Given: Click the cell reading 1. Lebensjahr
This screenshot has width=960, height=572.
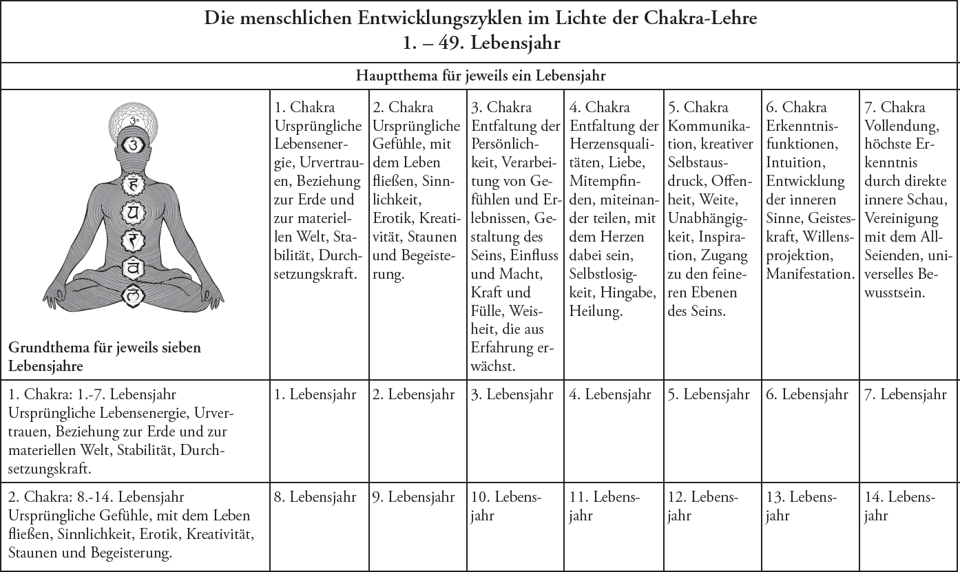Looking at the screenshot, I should [x=315, y=395].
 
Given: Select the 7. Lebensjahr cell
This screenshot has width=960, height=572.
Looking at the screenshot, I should [x=905, y=395].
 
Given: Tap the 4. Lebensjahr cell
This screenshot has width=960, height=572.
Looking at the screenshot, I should [x=610, y=395].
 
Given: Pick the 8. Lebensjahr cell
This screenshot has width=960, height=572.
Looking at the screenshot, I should [x=315, y=497].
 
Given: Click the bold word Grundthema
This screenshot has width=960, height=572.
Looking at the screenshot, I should [x=50, y=348].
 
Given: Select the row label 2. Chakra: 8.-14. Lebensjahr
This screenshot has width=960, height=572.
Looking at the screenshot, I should [x=97, y=497].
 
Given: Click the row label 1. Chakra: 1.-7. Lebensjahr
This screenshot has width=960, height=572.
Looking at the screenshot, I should [x=93, y=395].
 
